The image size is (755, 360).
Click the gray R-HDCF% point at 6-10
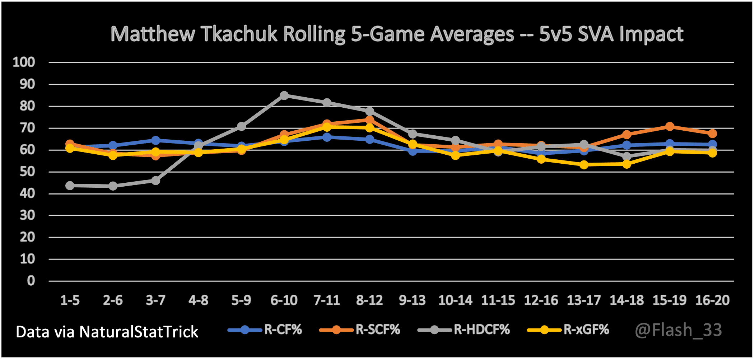284,95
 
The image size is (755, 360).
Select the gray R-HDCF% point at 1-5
70,186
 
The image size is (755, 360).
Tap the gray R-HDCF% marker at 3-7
155,181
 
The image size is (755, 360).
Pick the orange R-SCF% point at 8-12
369,120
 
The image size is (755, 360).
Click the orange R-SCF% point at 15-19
670,126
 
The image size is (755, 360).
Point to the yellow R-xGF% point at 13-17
584,165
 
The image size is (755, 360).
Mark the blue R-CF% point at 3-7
155,140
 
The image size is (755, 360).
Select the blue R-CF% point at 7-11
327,137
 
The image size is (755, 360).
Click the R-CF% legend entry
266,329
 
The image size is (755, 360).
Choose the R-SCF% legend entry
360,329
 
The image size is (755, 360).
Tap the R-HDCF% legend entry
464,329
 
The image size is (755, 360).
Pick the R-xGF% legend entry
568,329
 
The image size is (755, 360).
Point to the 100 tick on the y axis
24,62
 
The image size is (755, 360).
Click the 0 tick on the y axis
31,281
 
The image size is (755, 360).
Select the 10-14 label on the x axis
455,300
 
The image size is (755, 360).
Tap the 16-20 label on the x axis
712,300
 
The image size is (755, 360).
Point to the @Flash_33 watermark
679,330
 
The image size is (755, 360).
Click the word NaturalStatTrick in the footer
139,332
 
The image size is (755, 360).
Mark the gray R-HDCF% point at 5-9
241,126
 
